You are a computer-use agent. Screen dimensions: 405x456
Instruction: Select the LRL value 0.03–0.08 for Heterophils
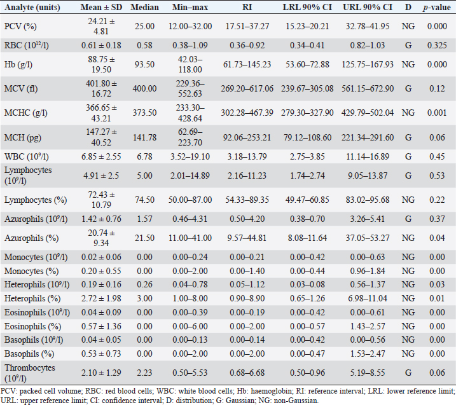click(x=308, y=301)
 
